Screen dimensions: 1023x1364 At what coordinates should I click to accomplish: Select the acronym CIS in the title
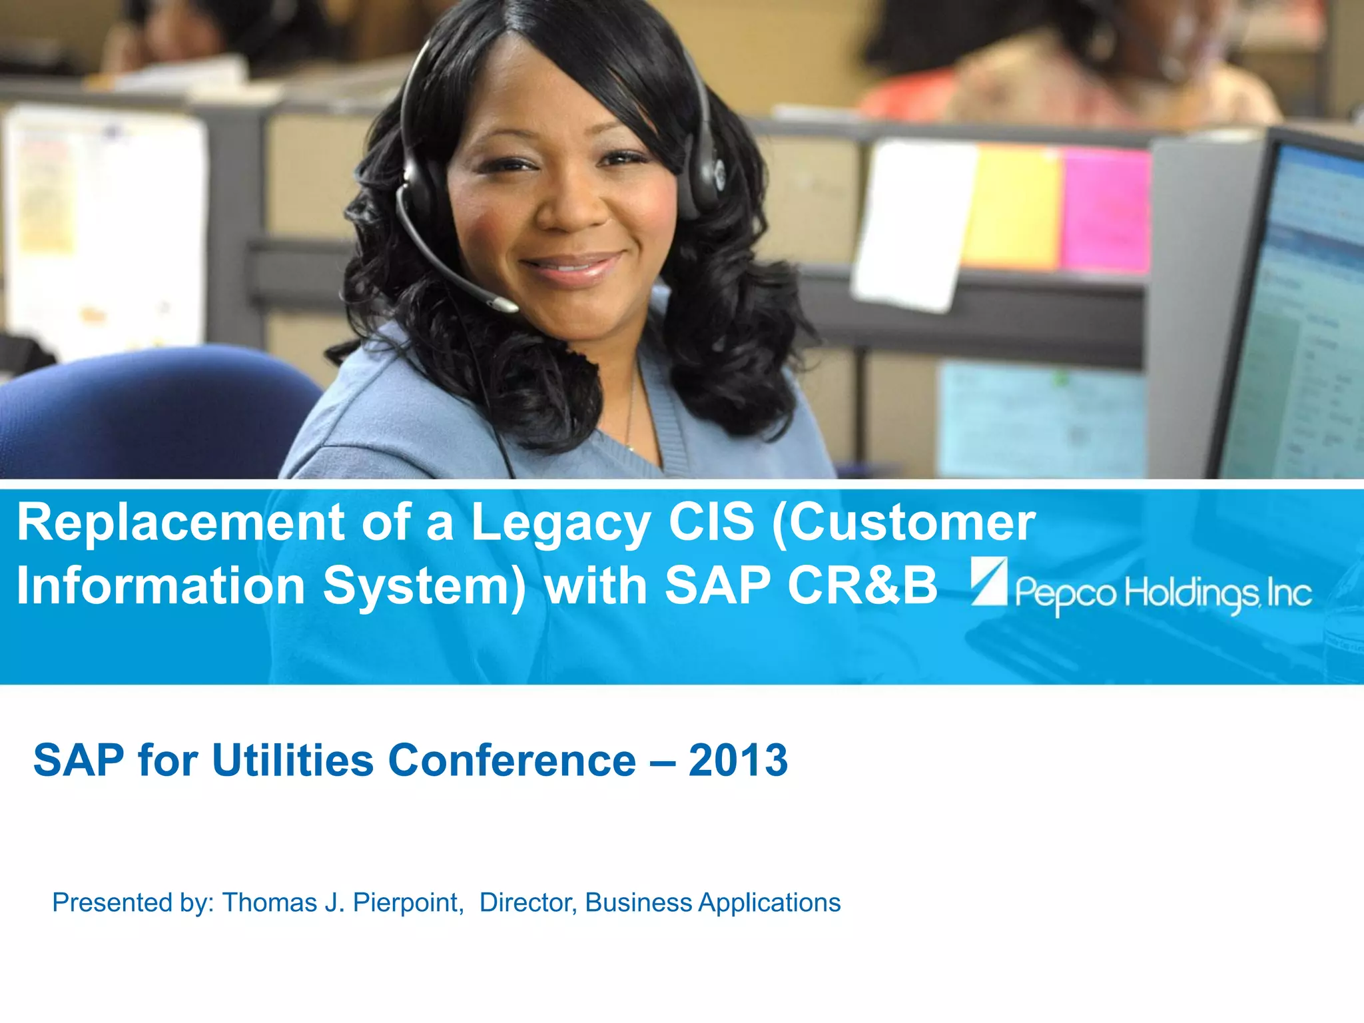click(x=711, y=523)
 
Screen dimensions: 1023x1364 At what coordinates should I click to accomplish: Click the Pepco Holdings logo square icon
click(x=990, y=581)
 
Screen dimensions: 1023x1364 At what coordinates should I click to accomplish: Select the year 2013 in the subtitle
click(x=738, y=761)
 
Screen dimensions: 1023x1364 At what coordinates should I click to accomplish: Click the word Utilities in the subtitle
click(x=292, y=761)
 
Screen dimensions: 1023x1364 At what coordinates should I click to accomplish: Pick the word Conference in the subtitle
click(x=511, y=761)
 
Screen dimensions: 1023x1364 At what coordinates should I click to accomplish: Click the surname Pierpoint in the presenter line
click(x=408, y=903)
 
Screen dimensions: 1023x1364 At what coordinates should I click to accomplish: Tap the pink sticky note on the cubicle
click(x=1106, y=210)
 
